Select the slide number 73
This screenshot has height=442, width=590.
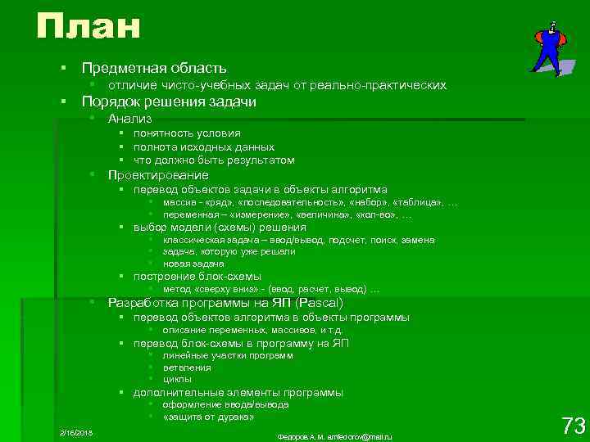pyautogui.click(x=572, y=426)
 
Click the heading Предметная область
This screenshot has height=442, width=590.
pyautogui.click(x=155, y=68)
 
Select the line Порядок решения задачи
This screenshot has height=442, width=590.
pyautogui.click(x=169, y=101)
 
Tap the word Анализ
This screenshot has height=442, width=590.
pyautogui.click(x=129, y=118)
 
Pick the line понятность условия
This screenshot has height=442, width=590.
pyautogui.click(x=187, y=133)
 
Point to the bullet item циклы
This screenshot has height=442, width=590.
pyautogui.click(x=177, y=379)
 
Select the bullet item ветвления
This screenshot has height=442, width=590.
pyautogui.click(x=187, y=368)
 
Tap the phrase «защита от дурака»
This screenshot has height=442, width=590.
pyautogui.click(x=208, y=417)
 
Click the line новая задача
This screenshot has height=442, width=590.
pyautogui.click(x=193, y=264)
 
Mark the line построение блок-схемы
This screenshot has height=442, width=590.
pyautogui.click(x=197, y=277)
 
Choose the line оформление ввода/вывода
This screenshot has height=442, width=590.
pyautogui.click(x=225, y=404)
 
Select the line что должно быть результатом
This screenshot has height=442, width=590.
pyautogui.click(x=214, y=160)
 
